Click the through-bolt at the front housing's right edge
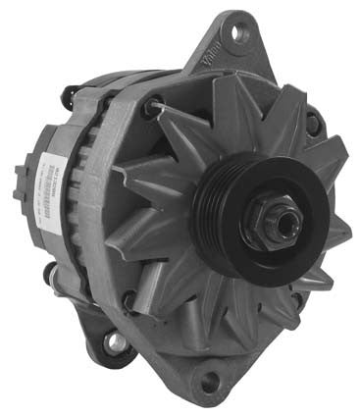coord(313,123)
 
